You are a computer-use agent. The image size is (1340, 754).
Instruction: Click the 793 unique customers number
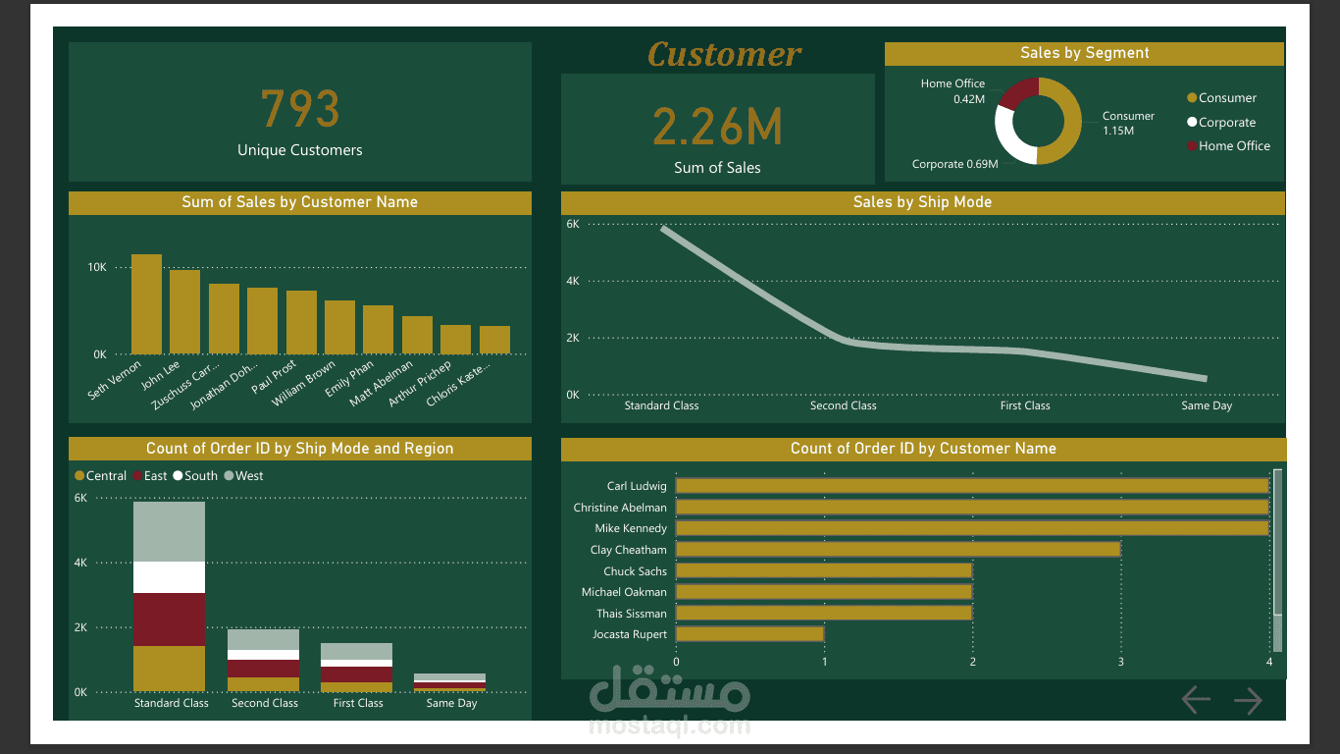(x=300, y=109)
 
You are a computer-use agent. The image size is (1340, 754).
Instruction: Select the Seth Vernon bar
(x=146, y=303)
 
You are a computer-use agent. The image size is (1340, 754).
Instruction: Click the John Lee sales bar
(x=184, y=311)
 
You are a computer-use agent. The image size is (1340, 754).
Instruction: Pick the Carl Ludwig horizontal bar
(x=971, y=486)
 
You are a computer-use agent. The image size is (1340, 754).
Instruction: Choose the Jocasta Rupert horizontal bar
(x=749, y=634)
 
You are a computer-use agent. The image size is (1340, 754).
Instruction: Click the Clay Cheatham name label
(x=628, y=550)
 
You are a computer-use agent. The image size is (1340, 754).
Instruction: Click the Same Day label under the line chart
(x=1207, y=405)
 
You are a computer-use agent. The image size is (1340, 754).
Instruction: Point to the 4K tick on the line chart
(x=573, y=281)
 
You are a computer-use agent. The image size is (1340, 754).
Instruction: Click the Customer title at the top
(x=724, y=55)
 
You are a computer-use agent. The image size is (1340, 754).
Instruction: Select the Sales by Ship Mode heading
(x=922, y=202)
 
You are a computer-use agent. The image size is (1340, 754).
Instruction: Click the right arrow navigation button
(x=1248, y=700)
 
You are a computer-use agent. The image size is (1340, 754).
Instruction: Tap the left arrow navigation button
(x=1196, y=700)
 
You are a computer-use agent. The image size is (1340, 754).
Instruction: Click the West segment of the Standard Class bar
(x=169, y=531)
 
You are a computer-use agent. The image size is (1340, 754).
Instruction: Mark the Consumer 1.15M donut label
(x=1127, y=123)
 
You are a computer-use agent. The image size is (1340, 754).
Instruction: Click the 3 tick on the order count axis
(x=1120, y=662)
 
